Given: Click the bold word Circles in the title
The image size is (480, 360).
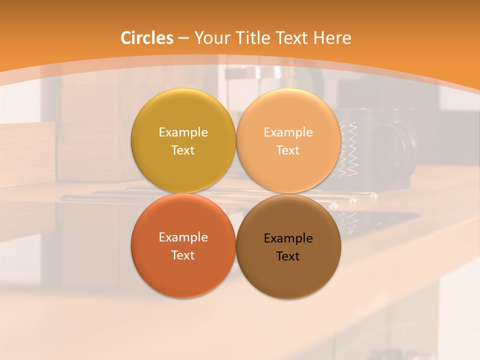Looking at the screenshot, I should click(x=147, y=38).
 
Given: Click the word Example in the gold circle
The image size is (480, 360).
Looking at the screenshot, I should click(x=183, y=132).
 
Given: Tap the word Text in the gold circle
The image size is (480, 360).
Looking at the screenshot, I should click(x=183, y=150).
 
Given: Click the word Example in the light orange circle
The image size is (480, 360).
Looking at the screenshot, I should click(x=288, y=132).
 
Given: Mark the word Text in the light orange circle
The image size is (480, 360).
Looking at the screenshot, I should click(x=288, y=150).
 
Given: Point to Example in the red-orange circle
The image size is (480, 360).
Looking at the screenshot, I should click(x=183, y=237).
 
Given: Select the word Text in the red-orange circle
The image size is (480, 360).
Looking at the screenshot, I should click(x=183, y=255).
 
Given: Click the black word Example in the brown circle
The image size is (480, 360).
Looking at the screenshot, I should click(x=288, y=238).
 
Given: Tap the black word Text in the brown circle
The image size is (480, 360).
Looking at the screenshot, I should click(x=288, y=256).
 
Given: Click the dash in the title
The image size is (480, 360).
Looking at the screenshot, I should click(x=183, y=38).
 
